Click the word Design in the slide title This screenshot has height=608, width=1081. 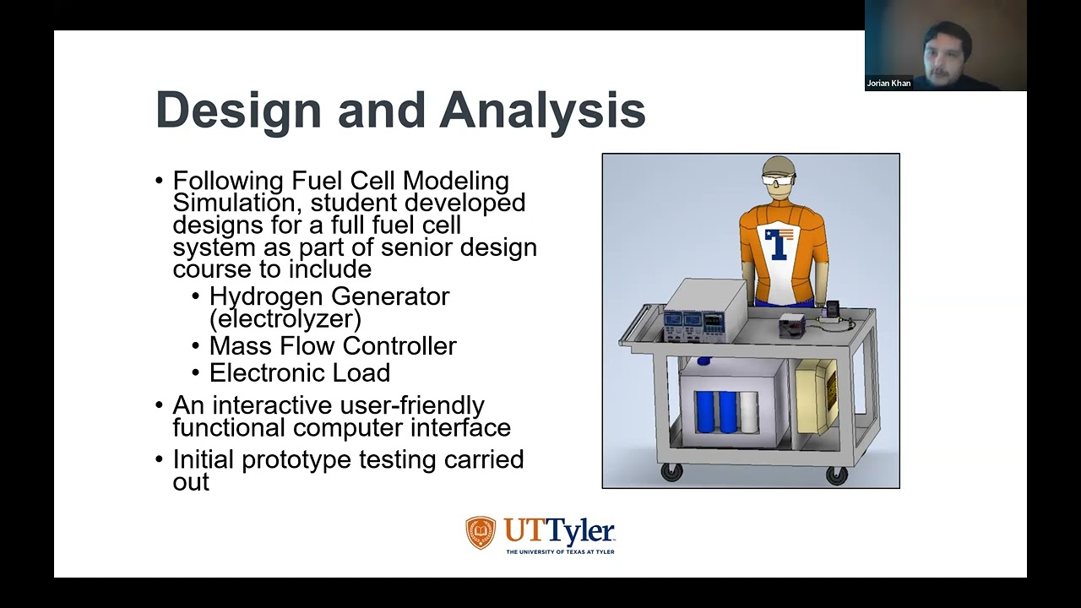tap(239, 111)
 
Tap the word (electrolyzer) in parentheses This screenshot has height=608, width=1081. tap(285, 318)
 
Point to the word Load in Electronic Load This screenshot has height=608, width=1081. tap(363, 372)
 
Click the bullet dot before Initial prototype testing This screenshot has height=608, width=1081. tap(160, 459)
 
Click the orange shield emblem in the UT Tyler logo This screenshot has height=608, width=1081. tap(481, 533)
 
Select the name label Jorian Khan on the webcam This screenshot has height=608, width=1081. tap(888, 84)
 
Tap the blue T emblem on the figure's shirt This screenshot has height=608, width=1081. tap(776, 242)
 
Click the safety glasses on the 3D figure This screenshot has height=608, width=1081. tap(779, 180)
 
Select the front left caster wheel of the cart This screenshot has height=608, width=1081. tap(671, 473)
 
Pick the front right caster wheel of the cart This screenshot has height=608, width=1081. tap(836, 475)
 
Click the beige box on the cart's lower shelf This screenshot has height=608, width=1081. tap(818, 395)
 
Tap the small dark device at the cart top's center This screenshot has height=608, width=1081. tap(793, 323)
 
